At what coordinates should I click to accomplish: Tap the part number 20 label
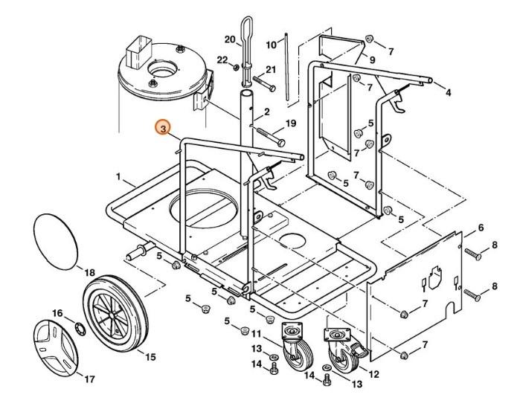tap(229, 39)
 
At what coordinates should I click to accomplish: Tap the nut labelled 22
tap(235, 68)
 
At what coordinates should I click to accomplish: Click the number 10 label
tap(271, 44)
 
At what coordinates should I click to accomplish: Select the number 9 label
tap(372, 59)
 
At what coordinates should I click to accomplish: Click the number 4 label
tap(448, 93)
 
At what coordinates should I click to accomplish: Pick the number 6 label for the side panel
tap(481, 227)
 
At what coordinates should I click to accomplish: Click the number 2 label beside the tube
tap(266, 112)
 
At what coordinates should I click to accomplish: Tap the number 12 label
tap(373, 374)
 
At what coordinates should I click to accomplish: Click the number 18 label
tap(89, 273)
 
